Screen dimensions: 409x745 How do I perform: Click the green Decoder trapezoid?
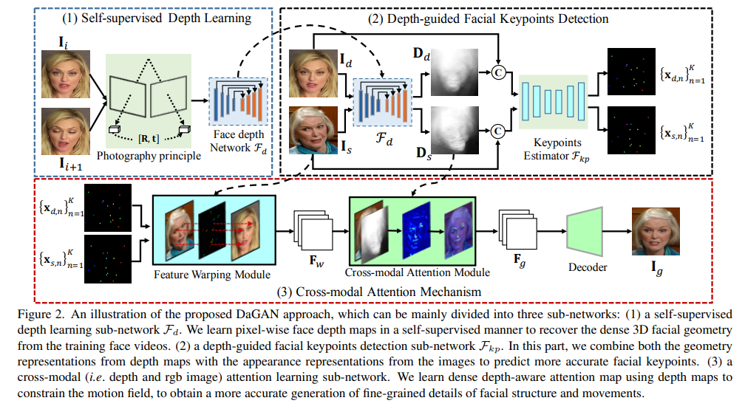pyautogui.click(x=585, y=230)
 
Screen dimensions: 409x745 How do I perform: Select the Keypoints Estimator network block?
pyautogui.click(x=553, y=99)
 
